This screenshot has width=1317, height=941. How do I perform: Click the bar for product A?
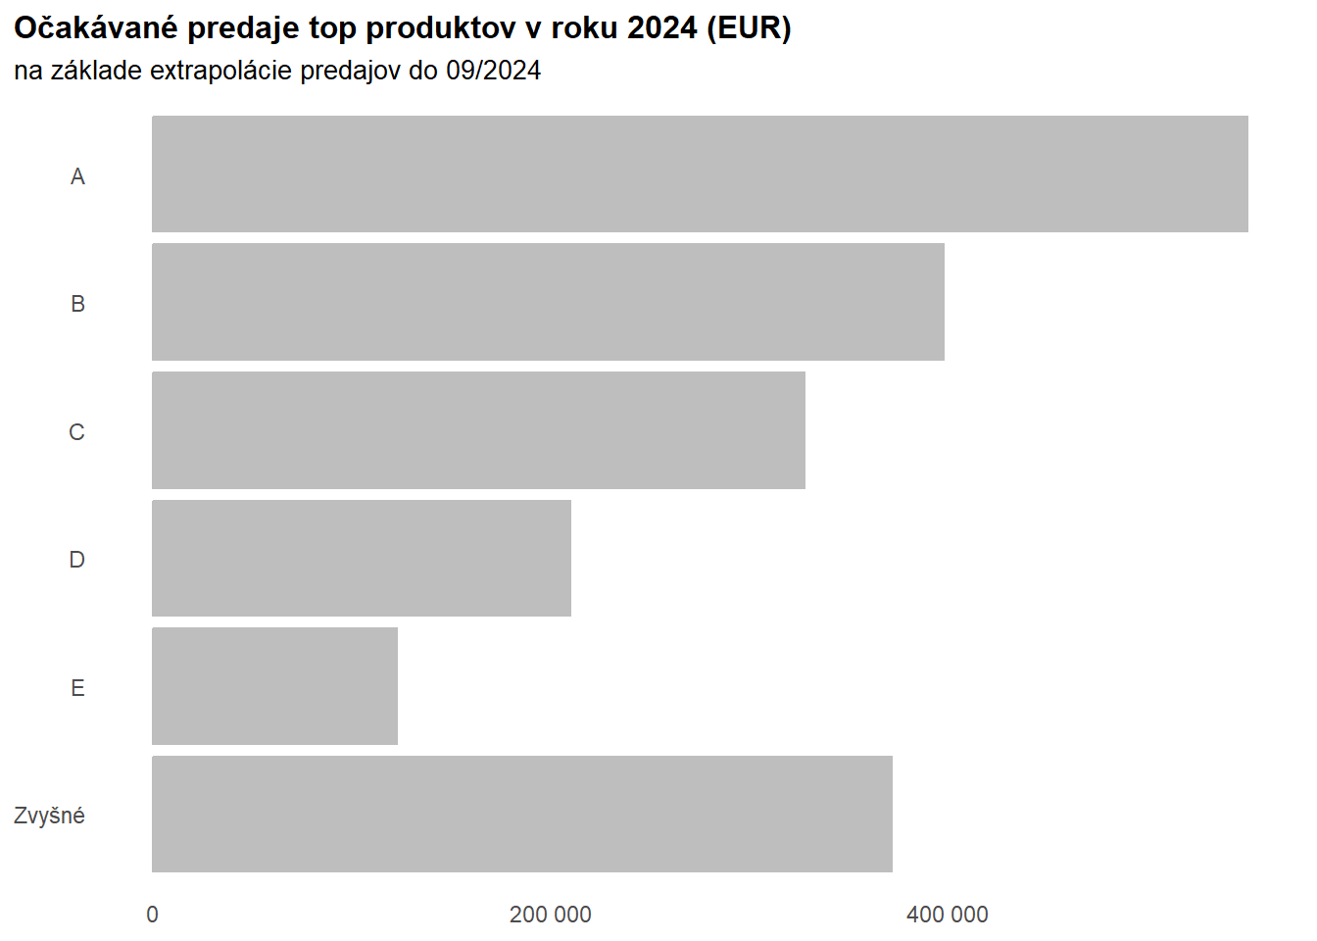[x=700, y=174]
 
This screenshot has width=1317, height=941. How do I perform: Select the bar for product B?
[x=548, y=302]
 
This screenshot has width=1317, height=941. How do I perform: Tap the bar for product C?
[x=478, y=430]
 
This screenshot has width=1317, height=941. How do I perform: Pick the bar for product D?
[x=362, y=559]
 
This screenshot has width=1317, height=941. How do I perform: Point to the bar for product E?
[x=274, y=686]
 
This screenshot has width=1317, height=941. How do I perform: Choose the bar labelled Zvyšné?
[x=522, y=814]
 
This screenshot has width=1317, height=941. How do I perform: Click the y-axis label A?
[x=77, y=176]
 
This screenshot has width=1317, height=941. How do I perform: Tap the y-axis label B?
[x=77, y=304]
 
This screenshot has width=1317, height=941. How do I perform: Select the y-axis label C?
[x=76, y=432]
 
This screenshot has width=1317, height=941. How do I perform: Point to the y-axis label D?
[x=76, y=560]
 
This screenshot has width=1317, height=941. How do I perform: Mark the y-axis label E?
[x=77, y=688]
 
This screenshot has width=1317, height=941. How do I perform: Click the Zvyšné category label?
[x=49, y=816]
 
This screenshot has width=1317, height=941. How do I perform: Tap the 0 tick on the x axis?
[x=152, y=915]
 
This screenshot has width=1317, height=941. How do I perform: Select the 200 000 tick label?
[x=550, y=915]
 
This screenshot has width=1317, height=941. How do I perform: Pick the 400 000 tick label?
[x=947, y=915]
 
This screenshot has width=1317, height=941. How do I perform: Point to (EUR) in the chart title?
[x=748, y=28]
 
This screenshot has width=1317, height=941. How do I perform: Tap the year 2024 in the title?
[x=662, y=28]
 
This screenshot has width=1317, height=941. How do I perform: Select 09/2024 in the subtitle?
[x=493, y=71]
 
